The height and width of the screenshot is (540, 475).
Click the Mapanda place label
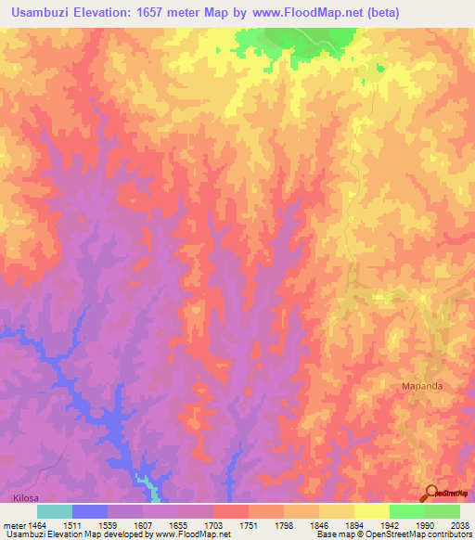tap(423, 385)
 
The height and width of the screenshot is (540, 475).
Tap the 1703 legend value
tap(214, 525)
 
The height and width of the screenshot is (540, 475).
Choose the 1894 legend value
tap(355, 525)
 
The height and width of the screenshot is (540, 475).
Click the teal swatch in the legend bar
tap(55, 511)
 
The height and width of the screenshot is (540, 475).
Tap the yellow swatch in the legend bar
tap(372, 511)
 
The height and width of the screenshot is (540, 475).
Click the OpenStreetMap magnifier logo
tap(430, 493)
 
